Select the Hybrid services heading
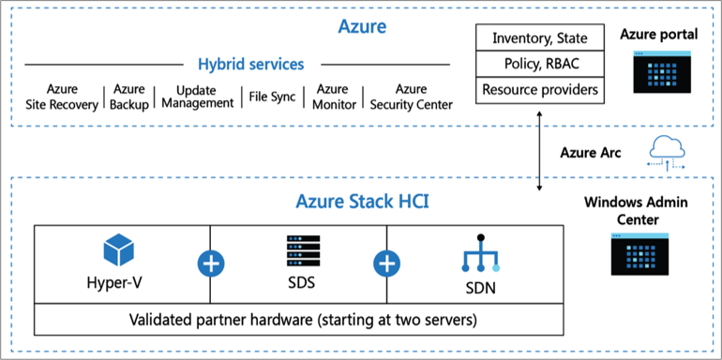tap(250, 65)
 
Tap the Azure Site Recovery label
tap(62, 97)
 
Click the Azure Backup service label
tap(128, 97)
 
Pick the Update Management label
tap(197, 97)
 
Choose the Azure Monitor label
tap(333, 97)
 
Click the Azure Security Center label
tap(411, 97)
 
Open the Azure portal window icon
tap(658, 72)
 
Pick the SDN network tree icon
tap(480, 254)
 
